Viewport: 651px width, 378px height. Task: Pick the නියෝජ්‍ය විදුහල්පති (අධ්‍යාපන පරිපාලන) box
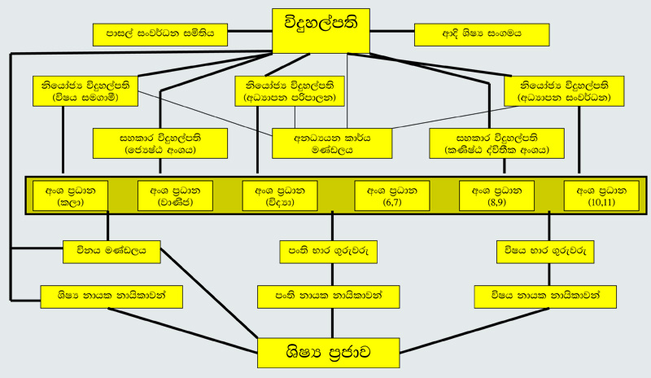pos(290,90)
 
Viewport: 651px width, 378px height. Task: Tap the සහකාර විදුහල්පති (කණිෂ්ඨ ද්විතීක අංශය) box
pos(497,143)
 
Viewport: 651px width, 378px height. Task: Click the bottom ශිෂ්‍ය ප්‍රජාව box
pos(329,354)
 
